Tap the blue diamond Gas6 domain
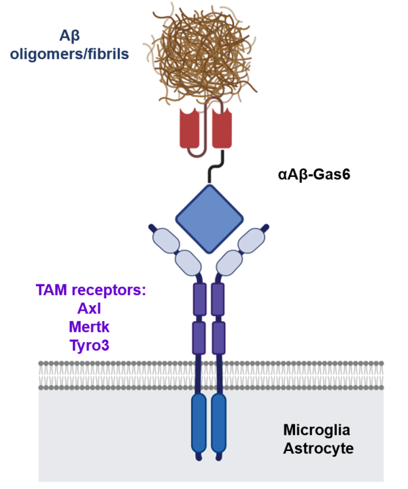point(209,217)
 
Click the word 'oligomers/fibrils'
point(69,54)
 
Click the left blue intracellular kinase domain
point(199,423)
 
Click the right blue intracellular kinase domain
point(219,423)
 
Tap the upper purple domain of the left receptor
point(199,299)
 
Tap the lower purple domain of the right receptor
point(219,337)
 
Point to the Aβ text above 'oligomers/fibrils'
point(69,35)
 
